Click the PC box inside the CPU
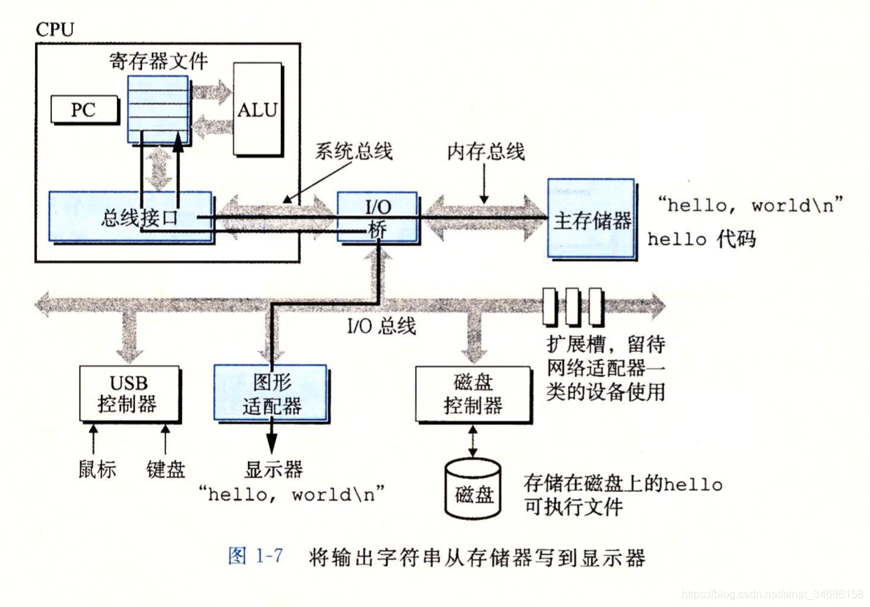point(83,109)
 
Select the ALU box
point(257,109)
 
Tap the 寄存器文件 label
point(158,62)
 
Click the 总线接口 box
point(130,217)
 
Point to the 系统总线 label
point(354,151)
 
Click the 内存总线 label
point(486,152)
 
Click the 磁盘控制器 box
point(473,394)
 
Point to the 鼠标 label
point(97,468)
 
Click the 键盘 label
point(166,468)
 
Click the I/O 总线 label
point(382,326)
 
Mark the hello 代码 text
point(701,239)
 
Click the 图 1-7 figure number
point(256,557)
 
